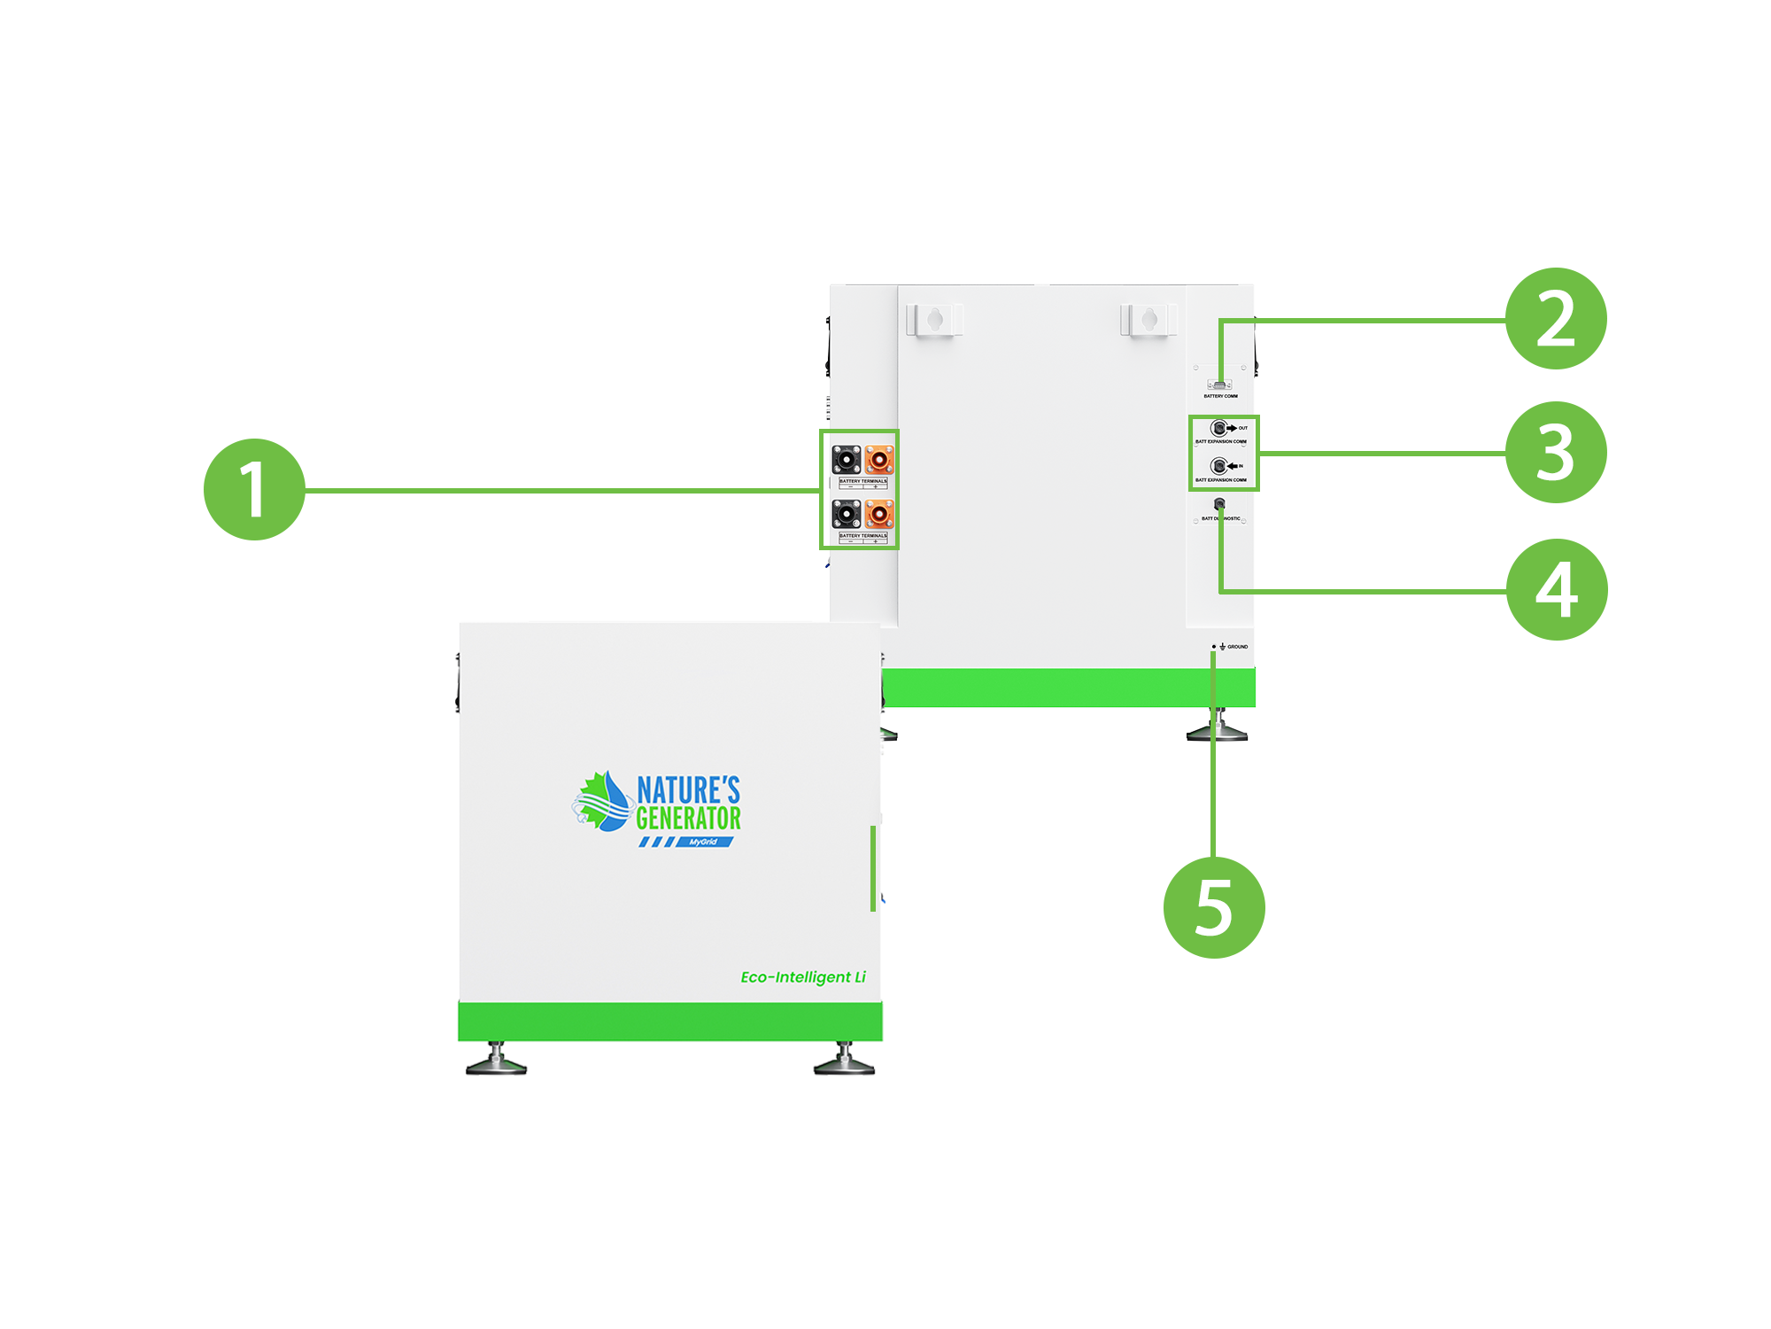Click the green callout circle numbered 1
255,489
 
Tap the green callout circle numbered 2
1556,319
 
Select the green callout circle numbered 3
1556,453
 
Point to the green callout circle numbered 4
1557,589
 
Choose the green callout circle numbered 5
1213,907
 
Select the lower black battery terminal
847,514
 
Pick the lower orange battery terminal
879,514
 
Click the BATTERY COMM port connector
1220,385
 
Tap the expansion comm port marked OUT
1218,428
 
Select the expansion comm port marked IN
1218,466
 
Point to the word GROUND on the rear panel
1237,647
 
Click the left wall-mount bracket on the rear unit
933,320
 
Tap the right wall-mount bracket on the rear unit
1148,320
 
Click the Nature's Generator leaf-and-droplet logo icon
603,802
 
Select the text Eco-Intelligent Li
803,977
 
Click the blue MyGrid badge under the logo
704,842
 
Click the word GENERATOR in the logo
688,818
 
